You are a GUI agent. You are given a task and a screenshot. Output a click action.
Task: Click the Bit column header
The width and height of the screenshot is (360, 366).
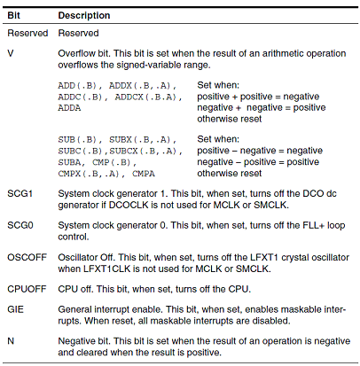[x=13, y=15]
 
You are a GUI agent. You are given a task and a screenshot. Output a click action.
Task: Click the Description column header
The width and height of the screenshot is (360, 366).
[x=84, y=15]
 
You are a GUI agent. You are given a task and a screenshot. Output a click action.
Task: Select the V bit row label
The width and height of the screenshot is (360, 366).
[x=11, y=53]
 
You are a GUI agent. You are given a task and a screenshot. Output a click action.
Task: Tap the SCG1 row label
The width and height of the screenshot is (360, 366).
[x=20, y=194]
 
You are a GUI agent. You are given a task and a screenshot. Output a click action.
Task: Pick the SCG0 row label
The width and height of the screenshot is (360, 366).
[x=20, y=225]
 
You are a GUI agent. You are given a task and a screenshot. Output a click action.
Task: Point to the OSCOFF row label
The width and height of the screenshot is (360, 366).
[x=27, y=257]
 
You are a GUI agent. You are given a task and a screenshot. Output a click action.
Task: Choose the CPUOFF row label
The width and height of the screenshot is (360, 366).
[x=27, y=289]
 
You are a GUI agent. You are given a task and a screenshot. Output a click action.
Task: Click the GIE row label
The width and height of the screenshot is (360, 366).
[x=15, y=309]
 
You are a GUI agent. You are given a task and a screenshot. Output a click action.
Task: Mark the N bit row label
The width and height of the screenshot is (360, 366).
[x=11, y=341]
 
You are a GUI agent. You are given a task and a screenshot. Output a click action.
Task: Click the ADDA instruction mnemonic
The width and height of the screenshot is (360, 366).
[x=69, y=108]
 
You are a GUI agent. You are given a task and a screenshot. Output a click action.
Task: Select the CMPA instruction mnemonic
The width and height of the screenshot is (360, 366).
[x=144, y=174]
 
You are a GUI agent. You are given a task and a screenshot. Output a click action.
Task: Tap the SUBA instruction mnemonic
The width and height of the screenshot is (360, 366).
[x=69, y=162]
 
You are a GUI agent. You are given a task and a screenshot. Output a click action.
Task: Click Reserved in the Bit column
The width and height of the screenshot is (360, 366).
[x=27, y=33]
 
